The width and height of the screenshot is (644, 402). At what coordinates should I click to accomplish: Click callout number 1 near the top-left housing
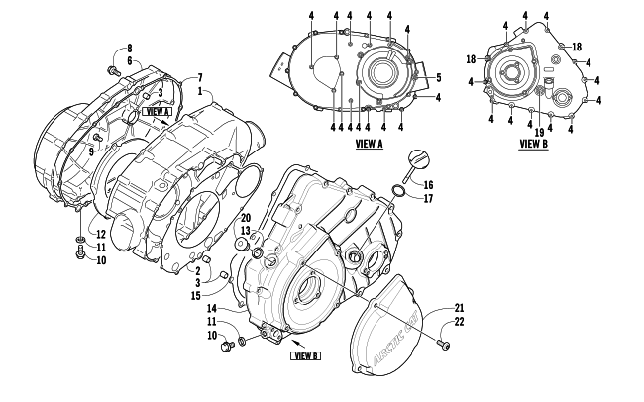200,90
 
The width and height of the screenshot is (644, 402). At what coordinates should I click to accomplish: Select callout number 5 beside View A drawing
438,76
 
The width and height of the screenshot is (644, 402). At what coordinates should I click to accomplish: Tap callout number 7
200,77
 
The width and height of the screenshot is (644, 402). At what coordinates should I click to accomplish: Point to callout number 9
90,151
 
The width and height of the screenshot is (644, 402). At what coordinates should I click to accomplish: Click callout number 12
100,234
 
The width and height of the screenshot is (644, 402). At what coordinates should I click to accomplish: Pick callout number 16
429,185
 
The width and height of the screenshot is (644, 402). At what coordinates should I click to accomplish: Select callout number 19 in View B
539,131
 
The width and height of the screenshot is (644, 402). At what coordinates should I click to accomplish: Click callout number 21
459,307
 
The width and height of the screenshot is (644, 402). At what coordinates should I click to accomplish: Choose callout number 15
196,296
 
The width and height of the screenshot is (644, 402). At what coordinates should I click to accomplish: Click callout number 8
129,49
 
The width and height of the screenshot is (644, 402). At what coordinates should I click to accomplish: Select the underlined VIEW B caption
533,144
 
